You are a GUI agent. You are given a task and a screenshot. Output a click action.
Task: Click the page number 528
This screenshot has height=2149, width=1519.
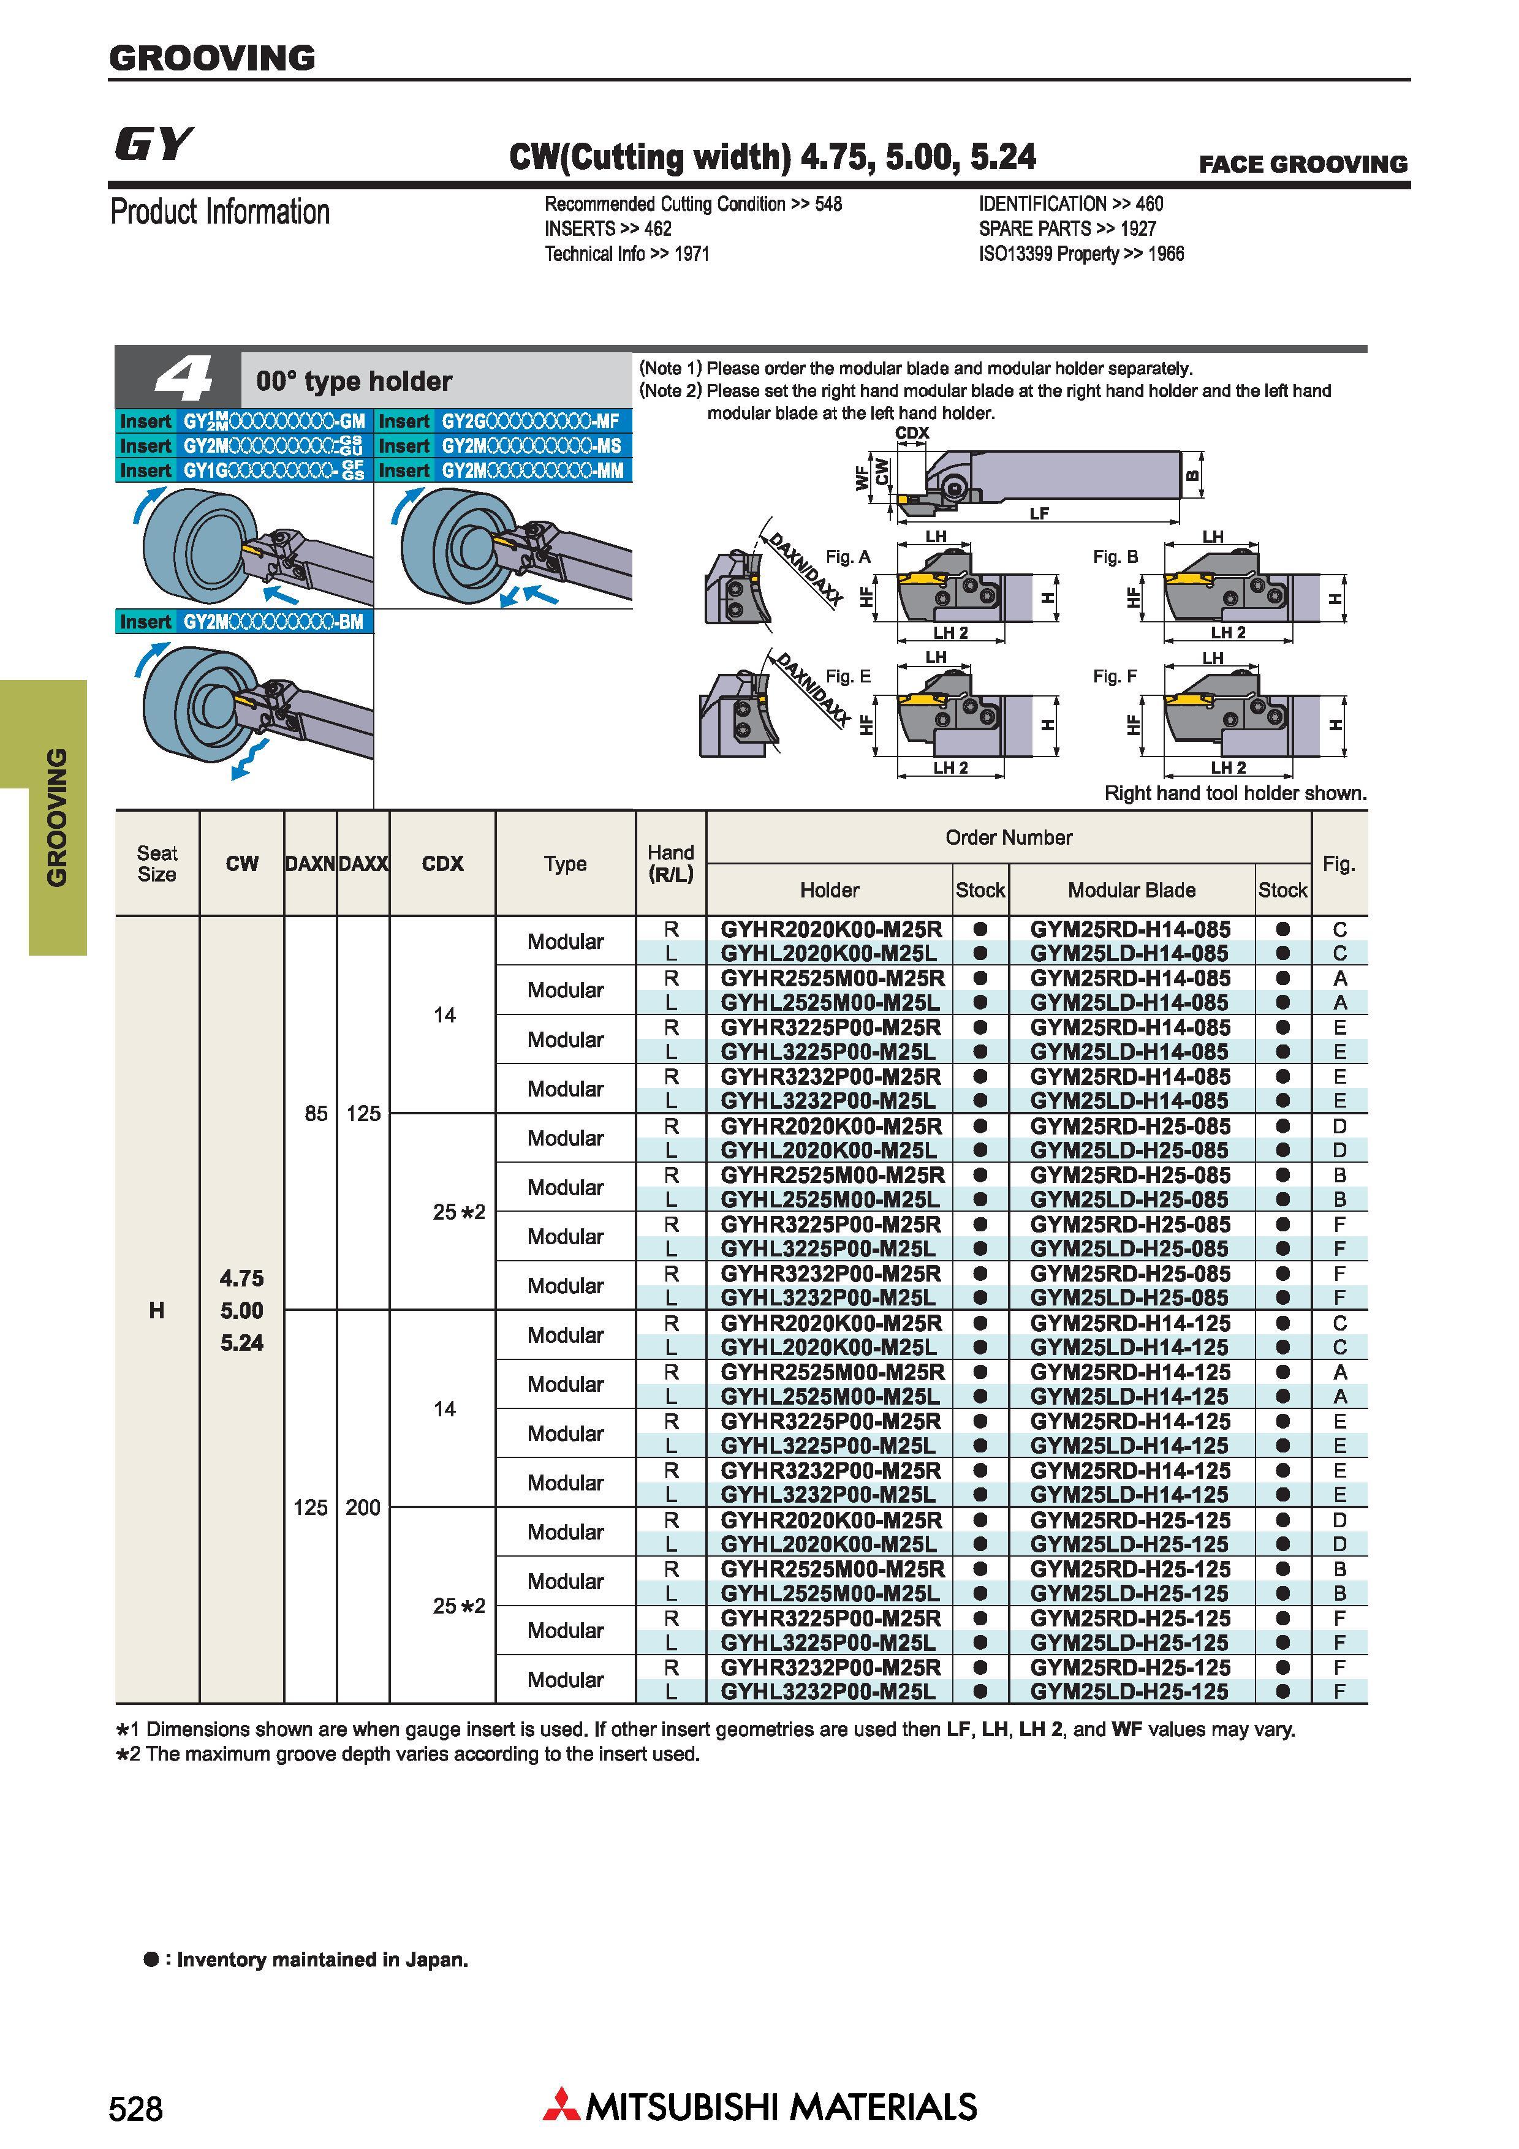pyautogui.click(x=135, y=2109)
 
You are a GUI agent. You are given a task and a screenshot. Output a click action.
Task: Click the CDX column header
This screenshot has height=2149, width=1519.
pyautogui.click(x=442, y=863)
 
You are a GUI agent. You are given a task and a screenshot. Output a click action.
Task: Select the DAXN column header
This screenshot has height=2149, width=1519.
pyautogui.click(x=310, y=863)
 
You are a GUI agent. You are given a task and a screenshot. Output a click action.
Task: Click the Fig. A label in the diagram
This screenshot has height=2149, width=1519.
pyautogui.click(x=848, y=557)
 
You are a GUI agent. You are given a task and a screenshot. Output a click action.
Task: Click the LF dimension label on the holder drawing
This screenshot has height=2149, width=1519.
pyautogui.click(x=1039, y=513)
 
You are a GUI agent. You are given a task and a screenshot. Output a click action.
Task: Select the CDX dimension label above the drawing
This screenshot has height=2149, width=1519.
pyautogui.click(x=912, y=432)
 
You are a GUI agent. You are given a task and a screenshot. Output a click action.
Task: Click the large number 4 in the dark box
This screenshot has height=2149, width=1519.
pyautogui.click(x=183, y=379)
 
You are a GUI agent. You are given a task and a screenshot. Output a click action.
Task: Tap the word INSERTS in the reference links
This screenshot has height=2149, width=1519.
pyautogui.click(x=580, y=228)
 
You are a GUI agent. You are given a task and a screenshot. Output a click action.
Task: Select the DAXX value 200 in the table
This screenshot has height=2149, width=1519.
pyautogui.click(x=363, y=1507)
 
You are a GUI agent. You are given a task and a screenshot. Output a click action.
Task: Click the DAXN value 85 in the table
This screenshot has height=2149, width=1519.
pyautogui.click(x=316, y=1113)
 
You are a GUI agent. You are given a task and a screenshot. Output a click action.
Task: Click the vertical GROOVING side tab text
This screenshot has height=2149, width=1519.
pyautogui.click(x=57, y=817)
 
